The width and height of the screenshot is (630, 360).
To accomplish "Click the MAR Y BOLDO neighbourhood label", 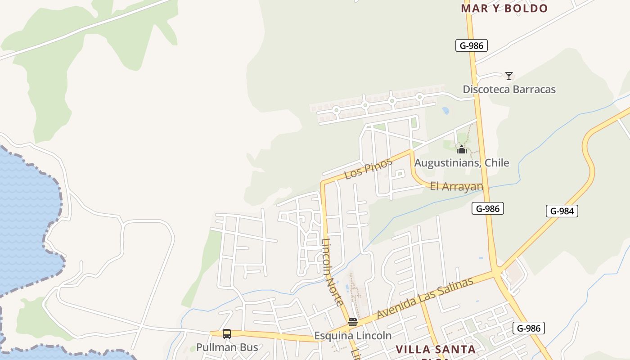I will [x=504, y=9].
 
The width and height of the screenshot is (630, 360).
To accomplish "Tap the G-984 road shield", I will [x=562, y=211].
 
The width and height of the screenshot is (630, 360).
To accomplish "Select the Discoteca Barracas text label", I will [x=509, y=90].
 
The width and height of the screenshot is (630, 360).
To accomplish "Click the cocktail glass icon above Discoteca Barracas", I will [x=509, y=76].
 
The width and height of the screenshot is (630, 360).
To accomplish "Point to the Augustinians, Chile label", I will [x=461, y=163].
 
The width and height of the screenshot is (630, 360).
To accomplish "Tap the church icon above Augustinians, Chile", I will [x=461, y=149].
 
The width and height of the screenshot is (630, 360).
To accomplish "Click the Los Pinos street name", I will [x=368, y=169].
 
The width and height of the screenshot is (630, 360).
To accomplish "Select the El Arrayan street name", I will [x=456, y=186].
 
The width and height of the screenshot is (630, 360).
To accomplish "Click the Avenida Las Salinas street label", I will [x=425, y=298].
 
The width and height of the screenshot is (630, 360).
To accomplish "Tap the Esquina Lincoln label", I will [x=353, y=336].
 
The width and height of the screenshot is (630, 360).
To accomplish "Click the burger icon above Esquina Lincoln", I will [x=353, y=322].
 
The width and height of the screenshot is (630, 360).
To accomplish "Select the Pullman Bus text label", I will [x=227, y=347].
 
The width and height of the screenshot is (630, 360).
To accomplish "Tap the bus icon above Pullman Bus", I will [x=227, y=334].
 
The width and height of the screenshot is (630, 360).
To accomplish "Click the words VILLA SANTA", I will [x=435, y=350].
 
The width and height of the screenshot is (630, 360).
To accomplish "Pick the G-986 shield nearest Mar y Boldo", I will [x=471, y=45].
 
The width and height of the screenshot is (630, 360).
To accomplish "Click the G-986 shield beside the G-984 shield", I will [x=487, y=208].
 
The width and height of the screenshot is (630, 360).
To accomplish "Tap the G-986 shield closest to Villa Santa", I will [x=528, y=328].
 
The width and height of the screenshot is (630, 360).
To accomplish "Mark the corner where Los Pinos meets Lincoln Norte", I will [x=323, y=184].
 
